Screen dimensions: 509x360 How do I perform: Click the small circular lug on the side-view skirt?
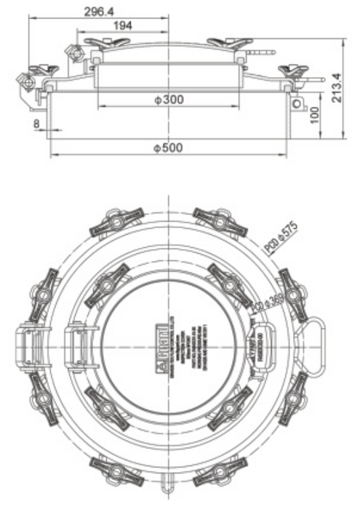click(x=297, y=104)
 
